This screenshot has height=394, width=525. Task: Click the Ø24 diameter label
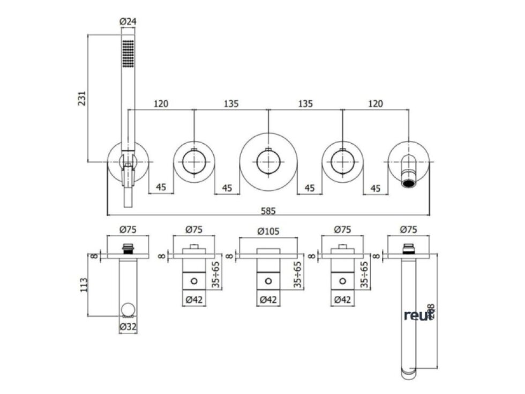point(127,22)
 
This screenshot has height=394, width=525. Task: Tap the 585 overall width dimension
point(268,211)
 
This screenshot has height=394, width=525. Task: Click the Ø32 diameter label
point(127,326)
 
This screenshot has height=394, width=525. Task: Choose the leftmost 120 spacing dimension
point(161,103)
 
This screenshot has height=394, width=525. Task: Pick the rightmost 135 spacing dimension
point(305,103)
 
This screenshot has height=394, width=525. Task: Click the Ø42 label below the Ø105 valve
point(268,299)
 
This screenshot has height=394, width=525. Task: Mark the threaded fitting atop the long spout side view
point(409,248)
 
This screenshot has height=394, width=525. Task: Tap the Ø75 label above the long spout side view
point(409,229)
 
